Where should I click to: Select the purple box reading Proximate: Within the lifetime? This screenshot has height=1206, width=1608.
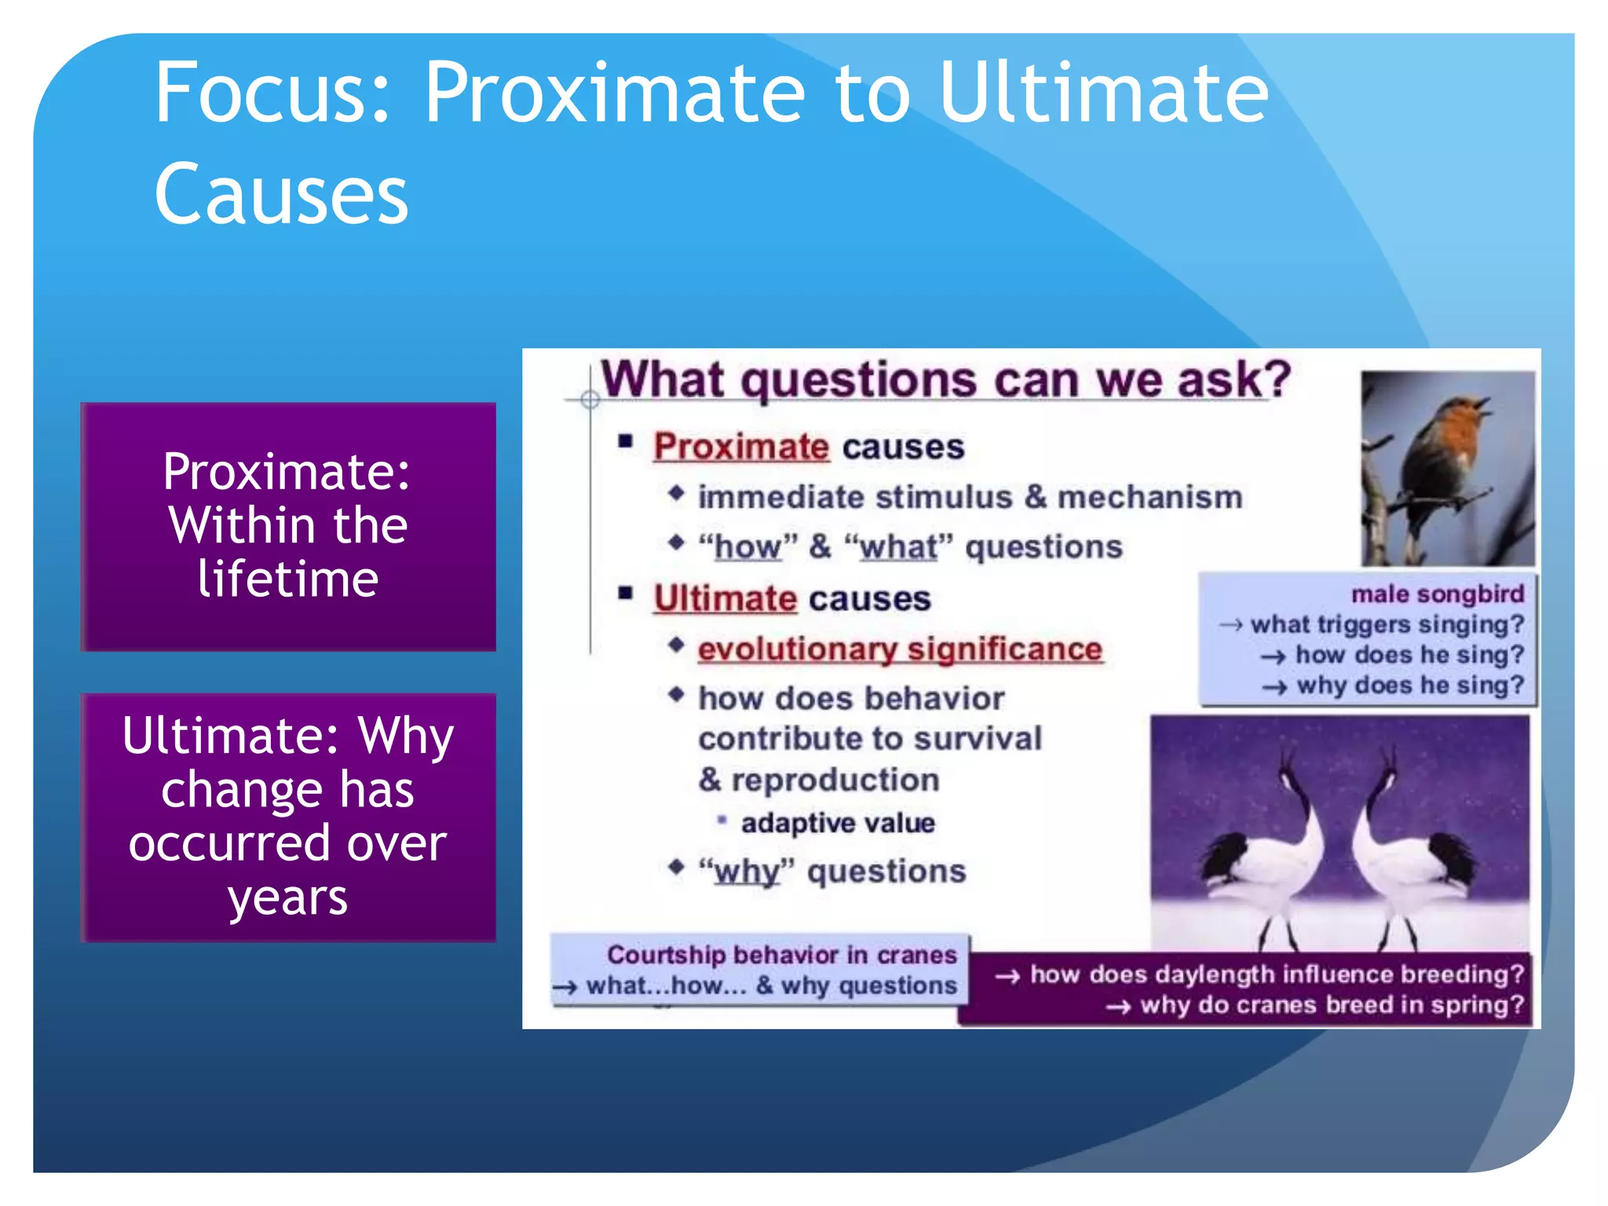click(x=288, y=526)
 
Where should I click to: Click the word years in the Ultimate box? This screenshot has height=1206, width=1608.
click(x=287, y=897)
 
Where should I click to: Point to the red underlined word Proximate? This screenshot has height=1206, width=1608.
click(x=740, y=447)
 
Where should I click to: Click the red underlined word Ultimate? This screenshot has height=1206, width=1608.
click(x=725, y=598)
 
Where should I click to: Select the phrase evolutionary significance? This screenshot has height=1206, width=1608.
click(x=900, y=649)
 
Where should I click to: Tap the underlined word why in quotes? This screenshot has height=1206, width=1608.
click(x=747, y=872)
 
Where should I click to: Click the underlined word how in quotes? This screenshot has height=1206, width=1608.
click(x=747, y=547)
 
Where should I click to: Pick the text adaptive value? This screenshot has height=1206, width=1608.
click(x=838, y=823)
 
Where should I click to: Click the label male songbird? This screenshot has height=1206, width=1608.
click(x=1437, y=594)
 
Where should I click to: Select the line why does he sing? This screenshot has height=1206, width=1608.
click(x=1409, y=685)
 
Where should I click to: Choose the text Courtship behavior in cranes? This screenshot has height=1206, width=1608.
click(x=781, y=955)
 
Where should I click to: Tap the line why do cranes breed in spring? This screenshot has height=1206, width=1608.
click(x=1331, y=1005)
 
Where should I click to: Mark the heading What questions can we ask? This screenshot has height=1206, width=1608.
click(x=945, y=380)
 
